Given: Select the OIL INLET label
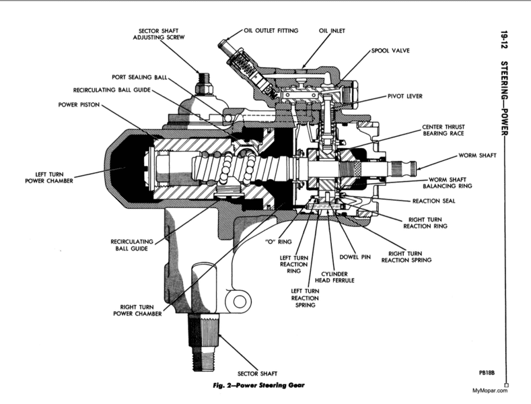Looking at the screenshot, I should point(332,30).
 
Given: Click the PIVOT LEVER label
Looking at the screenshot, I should point(404,96).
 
